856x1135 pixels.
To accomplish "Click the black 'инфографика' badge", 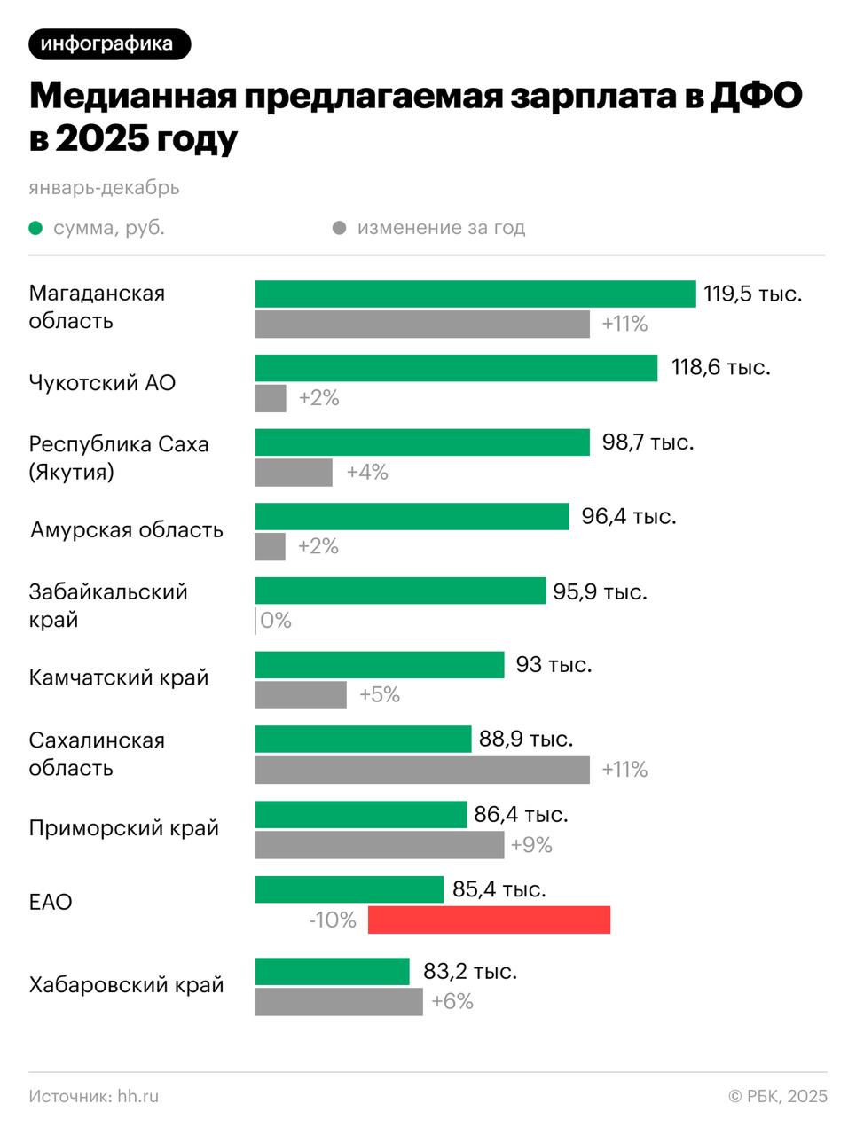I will [109, 43].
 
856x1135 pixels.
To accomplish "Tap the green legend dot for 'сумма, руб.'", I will [35, 228].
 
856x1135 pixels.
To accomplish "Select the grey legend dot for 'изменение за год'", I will [339, 228].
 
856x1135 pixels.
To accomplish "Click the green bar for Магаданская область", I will [475, 294].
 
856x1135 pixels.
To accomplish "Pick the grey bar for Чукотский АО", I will [271, 398].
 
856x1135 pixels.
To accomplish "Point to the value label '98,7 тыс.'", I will [648, 442].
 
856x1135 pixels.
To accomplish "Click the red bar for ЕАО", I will [489, 920].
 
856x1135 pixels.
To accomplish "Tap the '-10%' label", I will [333, 920].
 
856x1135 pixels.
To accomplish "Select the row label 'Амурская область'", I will [127, 530].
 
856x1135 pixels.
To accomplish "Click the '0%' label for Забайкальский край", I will [276, 620].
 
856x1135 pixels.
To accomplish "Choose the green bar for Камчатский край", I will [380, 665].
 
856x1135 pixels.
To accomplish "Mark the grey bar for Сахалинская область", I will [422, 770].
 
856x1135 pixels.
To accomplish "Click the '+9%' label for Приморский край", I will [531, 845].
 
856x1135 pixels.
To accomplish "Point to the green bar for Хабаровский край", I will [332, 971].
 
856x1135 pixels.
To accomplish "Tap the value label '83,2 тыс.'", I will [470, 971].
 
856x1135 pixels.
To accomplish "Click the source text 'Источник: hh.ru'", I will [94, 1096].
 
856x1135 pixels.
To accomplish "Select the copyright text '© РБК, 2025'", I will [777, 1096].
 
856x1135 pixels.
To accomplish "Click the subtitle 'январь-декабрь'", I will [104, 187].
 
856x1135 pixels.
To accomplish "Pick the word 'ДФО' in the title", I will [755, 96].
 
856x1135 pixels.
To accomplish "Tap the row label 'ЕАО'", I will [51, 902].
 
